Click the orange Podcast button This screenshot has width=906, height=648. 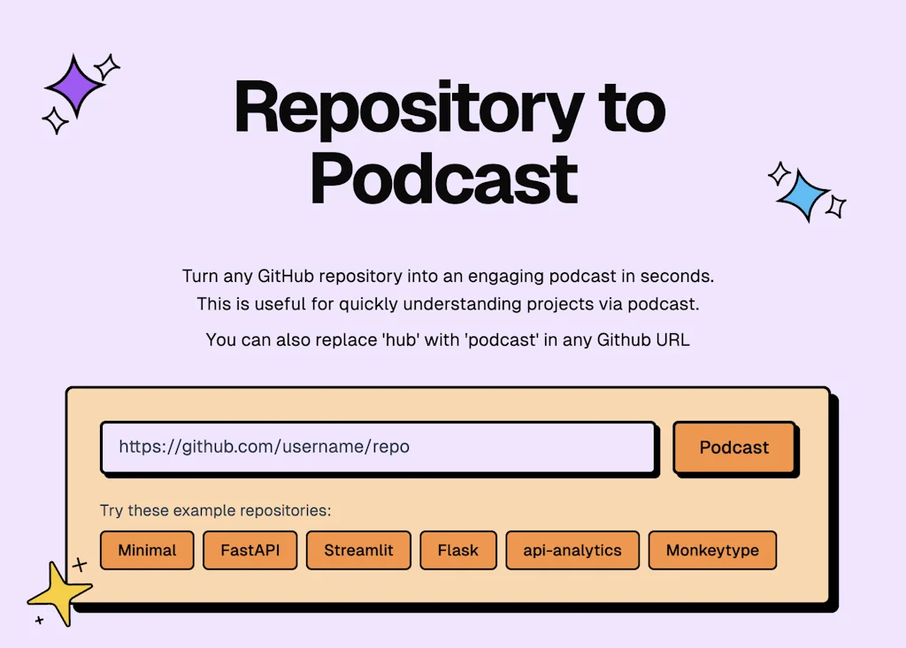[734, 447]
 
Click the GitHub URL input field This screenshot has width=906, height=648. [378, 447]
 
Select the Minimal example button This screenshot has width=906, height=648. [147, 550]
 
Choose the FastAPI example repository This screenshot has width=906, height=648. [250, 550]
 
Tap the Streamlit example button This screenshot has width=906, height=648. [358, 550]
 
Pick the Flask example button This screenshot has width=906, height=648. [457, 550]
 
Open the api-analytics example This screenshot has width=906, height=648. [572, 550]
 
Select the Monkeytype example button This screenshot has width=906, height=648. [712, 550]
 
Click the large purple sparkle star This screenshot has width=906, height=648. [74, 86]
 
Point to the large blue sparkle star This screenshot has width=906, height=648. [803, 194]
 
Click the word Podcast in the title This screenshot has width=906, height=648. [444, 179]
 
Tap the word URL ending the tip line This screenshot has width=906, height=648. [670, 339]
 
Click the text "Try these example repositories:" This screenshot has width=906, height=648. [215, 511]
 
